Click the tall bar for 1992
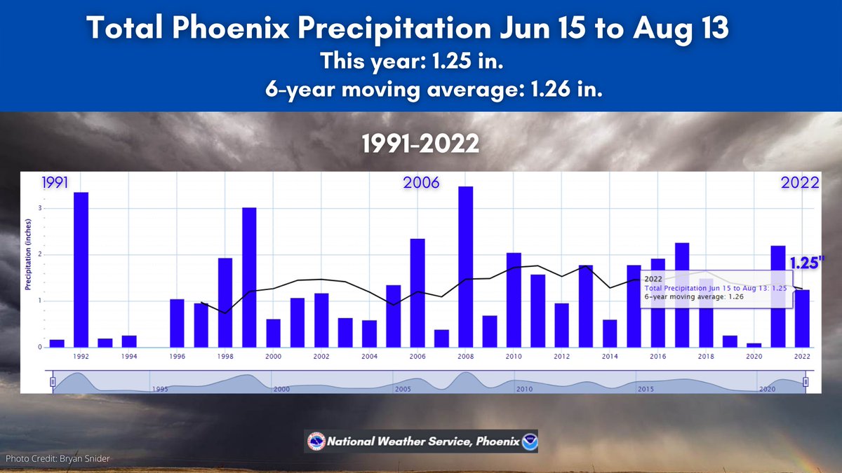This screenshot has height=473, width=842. (81, 270)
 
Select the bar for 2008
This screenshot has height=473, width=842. (465, 266)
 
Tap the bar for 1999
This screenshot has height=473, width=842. (249, 277)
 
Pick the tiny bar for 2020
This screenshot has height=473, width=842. (754, 345)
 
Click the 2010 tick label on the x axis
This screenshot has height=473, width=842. (514, 357)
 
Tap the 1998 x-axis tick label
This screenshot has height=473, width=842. (225, 357)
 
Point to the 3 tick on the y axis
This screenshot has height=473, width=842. (40, 209)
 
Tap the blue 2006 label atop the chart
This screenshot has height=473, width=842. (421, 183)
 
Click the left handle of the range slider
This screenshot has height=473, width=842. (53, 382)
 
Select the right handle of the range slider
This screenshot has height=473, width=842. (806, 382)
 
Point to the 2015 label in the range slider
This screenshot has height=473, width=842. (646, 388)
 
